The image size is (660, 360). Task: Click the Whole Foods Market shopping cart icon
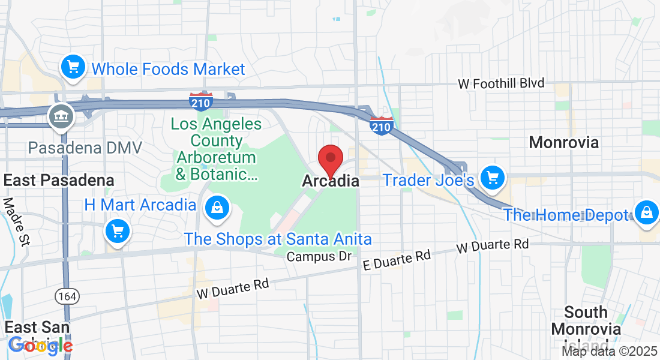[73, 65]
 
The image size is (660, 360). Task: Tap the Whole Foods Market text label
[168, 69]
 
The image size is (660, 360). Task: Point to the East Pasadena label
[59, 180]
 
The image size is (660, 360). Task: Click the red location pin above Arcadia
[329, 160]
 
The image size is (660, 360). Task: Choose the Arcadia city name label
[331, 181]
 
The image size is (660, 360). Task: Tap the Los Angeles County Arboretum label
[216, 149]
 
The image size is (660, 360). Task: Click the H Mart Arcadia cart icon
[117, 231]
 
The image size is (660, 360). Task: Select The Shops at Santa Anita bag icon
[215, 208]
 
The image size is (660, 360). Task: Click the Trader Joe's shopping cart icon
[493, 178]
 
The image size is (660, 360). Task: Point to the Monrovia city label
[563, 142]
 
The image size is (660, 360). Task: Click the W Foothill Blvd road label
[501, 83]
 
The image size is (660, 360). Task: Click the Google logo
[41, 345]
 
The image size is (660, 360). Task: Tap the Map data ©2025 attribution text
[610, 351]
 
